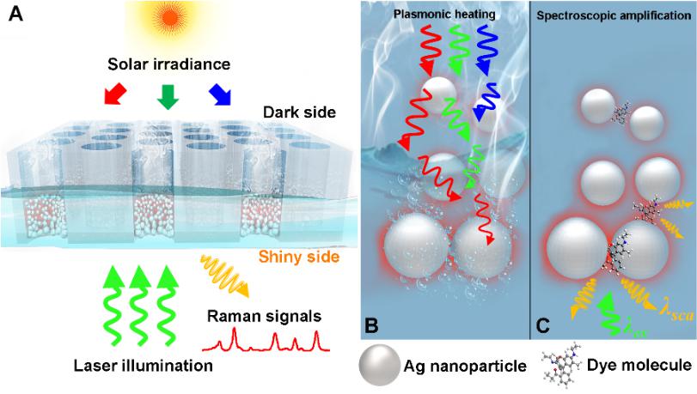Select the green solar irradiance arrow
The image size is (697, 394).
tap(168, 99)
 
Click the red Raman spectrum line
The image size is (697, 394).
tap(266, 344)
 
